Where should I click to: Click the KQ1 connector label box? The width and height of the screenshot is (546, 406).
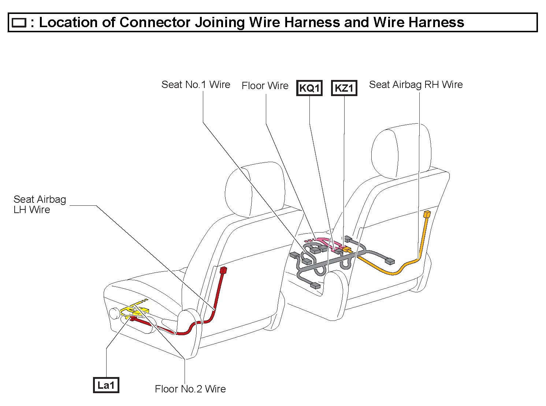coord(309,88)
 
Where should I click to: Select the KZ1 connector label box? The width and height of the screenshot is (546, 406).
coord(344,88)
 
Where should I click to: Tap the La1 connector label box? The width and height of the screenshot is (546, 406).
coord(106,385)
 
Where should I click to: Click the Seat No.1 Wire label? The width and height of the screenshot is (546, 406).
coord(196,85)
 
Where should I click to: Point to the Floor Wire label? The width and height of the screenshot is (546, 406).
coord(265,86)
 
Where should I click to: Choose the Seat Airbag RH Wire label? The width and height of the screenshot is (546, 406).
coord(416,85)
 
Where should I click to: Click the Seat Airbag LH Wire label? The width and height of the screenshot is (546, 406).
coord(40,204)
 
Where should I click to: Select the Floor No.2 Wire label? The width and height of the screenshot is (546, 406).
coord(190,389)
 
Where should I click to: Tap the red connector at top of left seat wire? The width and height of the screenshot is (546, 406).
coord(223,271)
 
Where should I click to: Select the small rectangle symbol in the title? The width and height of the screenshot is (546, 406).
coord(19,23)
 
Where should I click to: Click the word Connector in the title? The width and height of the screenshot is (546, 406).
coord(155,22)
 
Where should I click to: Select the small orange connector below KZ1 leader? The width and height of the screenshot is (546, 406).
coord(346,249)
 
